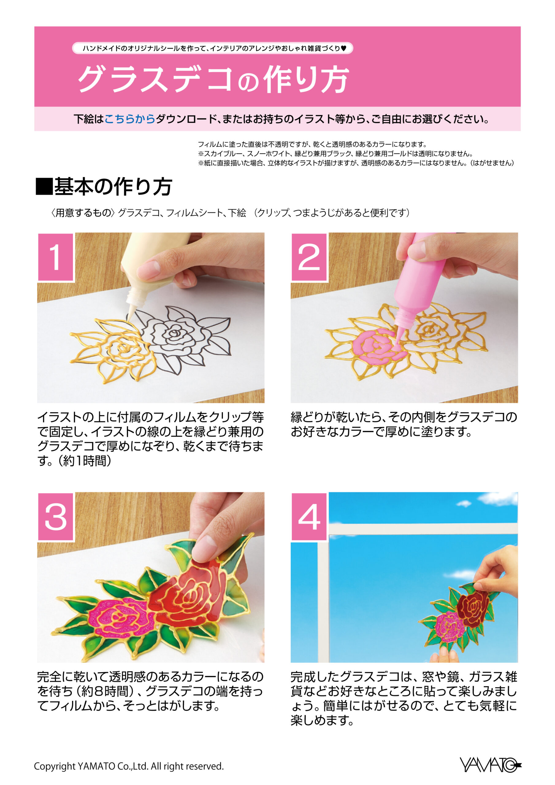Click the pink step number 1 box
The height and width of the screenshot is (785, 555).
pyautogui.click(x=55, y=257)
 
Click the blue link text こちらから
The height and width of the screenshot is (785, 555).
pyautogui.click(x=130, y=119)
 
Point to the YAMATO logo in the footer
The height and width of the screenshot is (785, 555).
pyautogui.click(x=490, y=764)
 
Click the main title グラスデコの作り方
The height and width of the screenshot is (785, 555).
pyautogui.click(x=213, y=79)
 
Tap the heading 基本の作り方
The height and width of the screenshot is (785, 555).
pyautogui.click(x=104, y=187)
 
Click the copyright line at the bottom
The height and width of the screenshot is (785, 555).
pyautogui.click(x=129, y=766)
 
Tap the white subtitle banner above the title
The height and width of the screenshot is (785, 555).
pyautogui.click(x=212, y=48)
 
